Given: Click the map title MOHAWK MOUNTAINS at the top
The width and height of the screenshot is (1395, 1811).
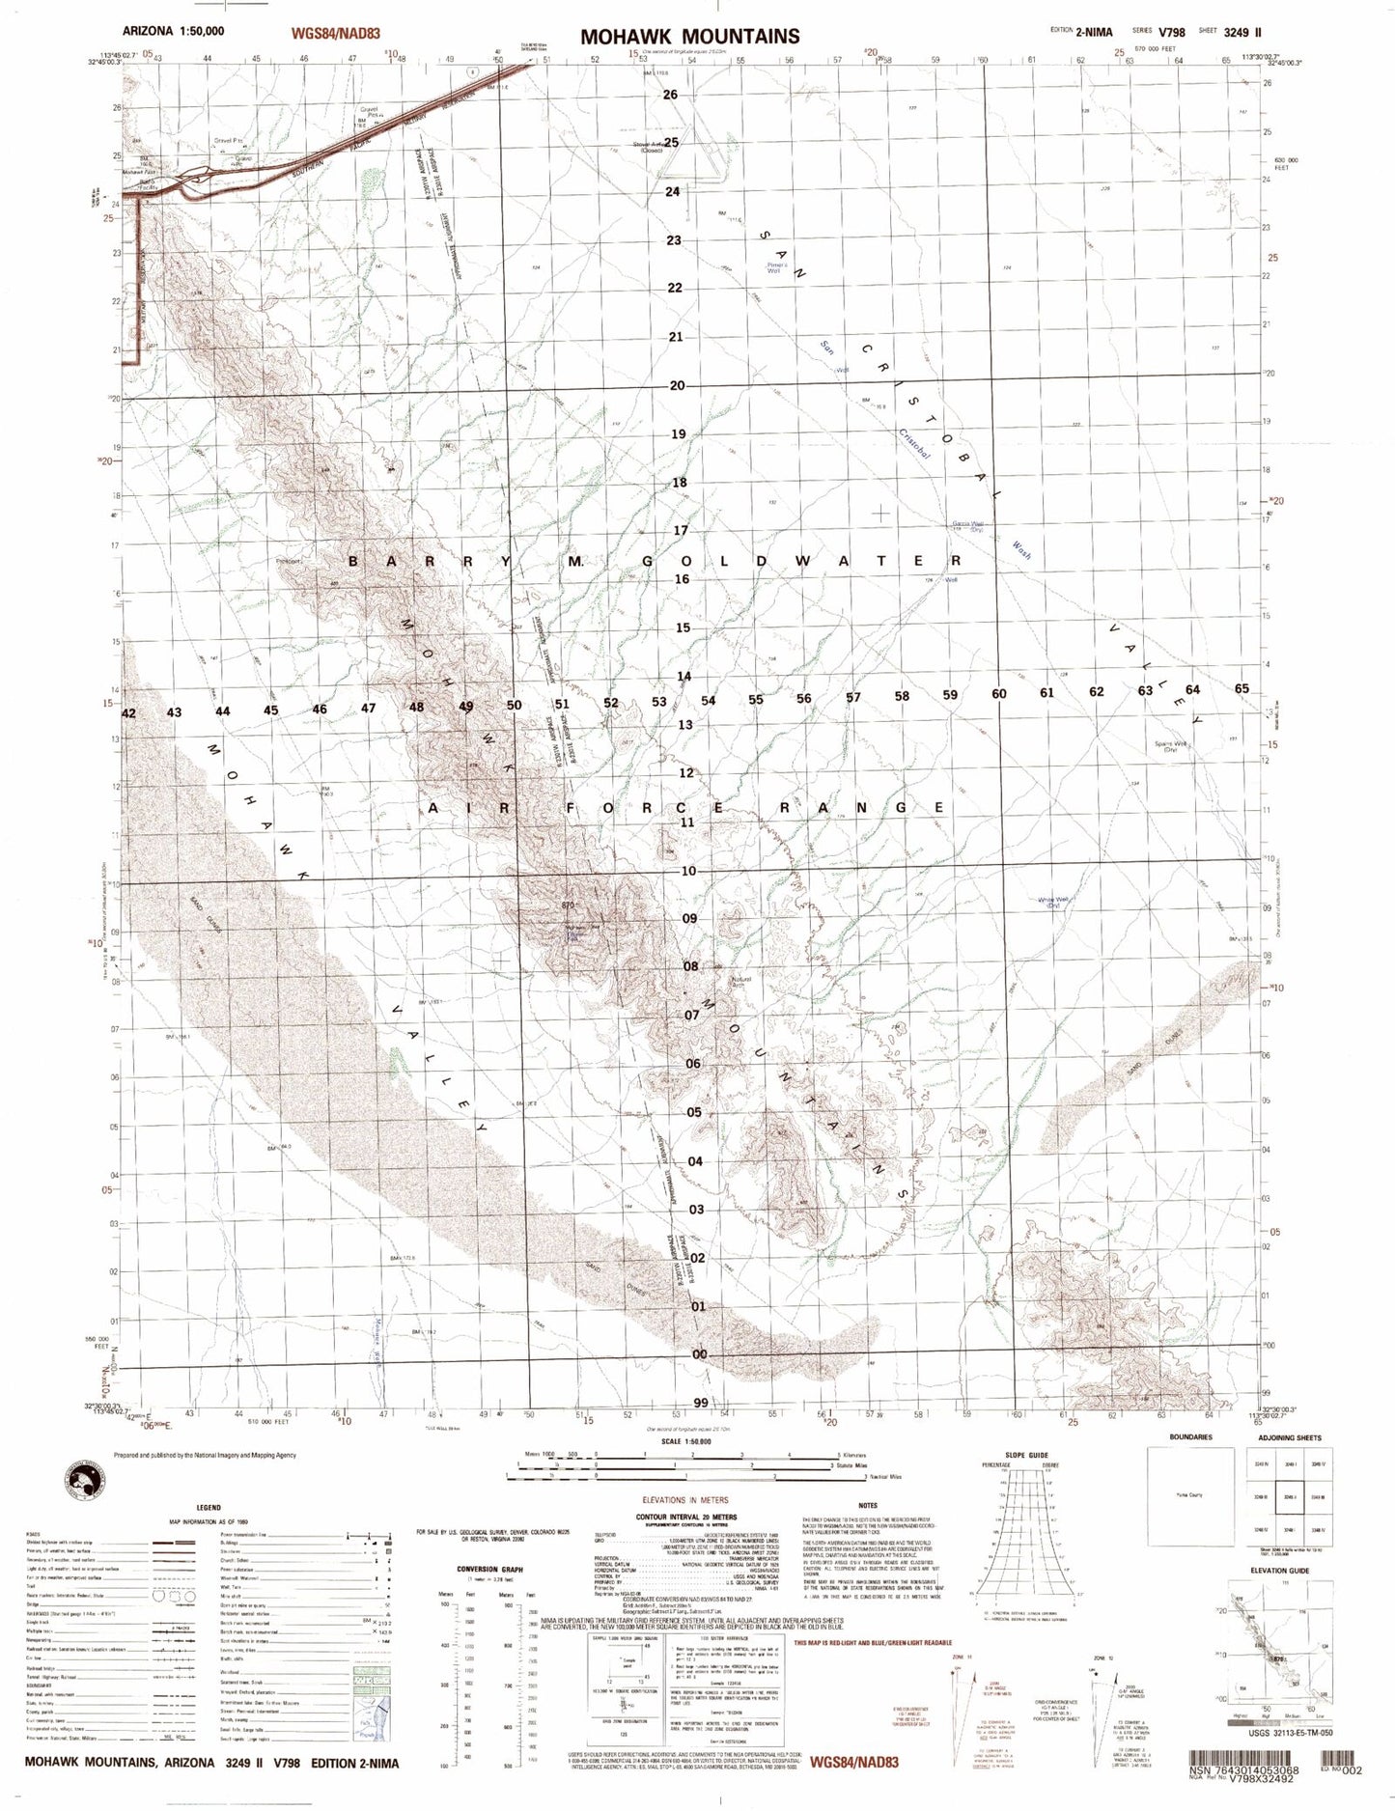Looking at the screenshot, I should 689,37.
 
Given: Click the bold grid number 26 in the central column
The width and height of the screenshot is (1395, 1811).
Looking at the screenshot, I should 671,95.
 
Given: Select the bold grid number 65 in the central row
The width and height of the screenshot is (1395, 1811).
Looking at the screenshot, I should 1242,688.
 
